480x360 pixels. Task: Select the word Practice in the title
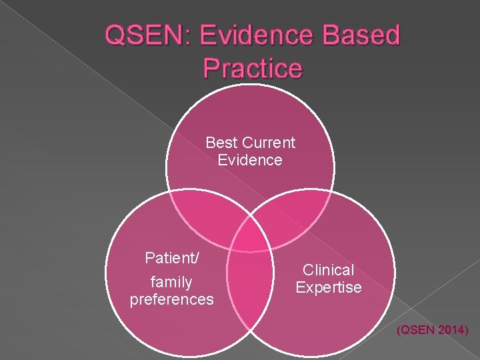pyautogui.click(x=253, y=67)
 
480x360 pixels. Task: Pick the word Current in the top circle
pyautogui.click(x=269, y=143)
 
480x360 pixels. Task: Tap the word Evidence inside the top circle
pyautogui.click(x=250, y=160)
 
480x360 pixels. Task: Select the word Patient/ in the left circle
pyautogui.click(x=172, y=257)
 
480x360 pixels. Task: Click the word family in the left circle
pyautogui.click(x=172, y=282)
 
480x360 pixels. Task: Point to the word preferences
pyautogui.click(x=172, y=299)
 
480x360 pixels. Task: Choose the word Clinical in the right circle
pyautogui.click(x=329, y=270)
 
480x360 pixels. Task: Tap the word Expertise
pyautogui.click(x=329, y=287)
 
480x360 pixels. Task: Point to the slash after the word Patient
pyautogui.click(x=197, y=257)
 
